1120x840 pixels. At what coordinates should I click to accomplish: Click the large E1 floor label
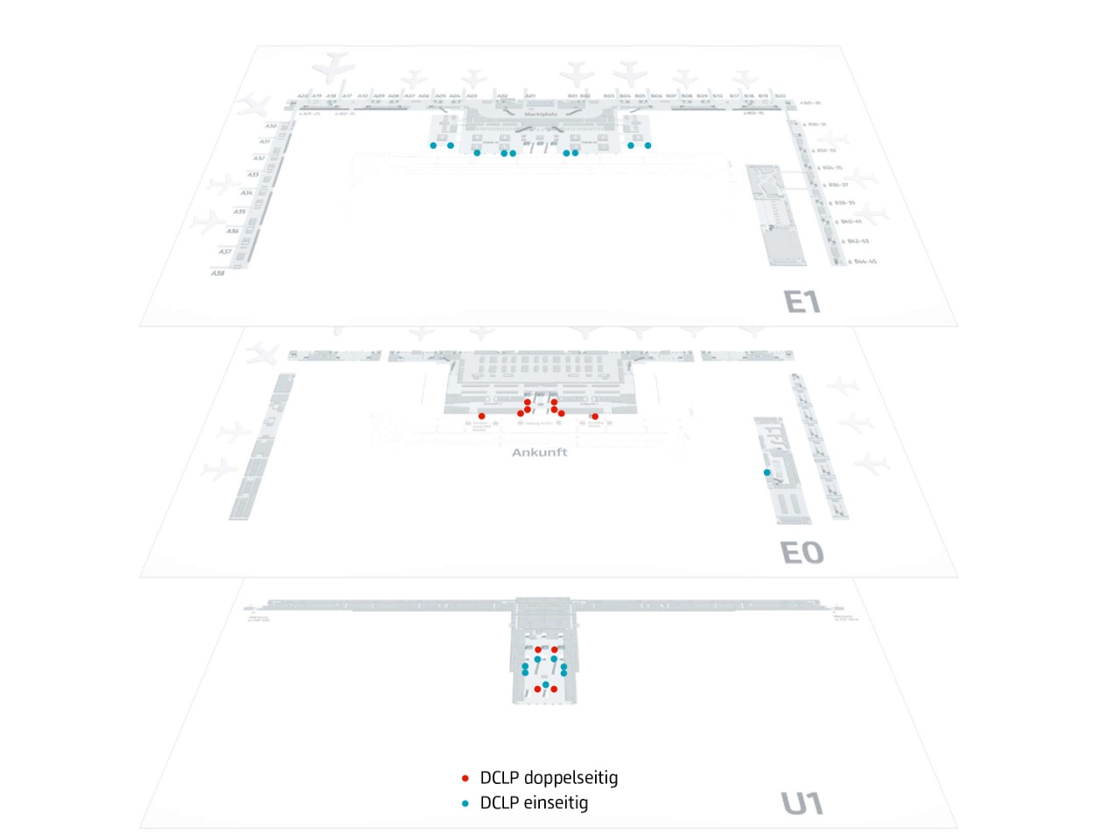point(801,302)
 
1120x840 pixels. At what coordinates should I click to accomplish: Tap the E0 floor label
point(801,553)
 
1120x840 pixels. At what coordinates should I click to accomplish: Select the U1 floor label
point(801,803)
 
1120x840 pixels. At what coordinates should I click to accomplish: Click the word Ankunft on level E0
point(539,452)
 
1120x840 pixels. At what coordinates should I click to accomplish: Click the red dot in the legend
point(465,778)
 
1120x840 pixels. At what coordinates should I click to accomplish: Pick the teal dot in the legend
point(465,803)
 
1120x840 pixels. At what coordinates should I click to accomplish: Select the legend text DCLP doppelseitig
point(549,778)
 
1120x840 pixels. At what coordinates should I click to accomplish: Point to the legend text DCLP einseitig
point(534,803)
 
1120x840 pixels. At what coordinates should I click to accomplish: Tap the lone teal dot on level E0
point(767,472)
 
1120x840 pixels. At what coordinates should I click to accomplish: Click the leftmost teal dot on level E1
point(433,145)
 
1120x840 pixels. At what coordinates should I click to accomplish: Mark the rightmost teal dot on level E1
point(647,145)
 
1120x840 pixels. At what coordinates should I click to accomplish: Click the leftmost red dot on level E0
point(482,416)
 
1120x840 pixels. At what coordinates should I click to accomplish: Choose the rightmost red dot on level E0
point(595,416)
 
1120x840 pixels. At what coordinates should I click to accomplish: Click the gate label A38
point(218,273)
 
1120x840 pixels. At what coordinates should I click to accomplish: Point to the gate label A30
point(270,126)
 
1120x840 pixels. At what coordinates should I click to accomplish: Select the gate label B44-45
point(864,262)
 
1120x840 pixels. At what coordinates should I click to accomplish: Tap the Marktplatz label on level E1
point(541,115)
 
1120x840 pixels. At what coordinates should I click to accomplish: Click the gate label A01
point(530,96)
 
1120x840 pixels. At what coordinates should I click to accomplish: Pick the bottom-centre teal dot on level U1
point(545,684)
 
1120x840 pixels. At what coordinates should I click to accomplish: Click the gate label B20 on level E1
point(780,96)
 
